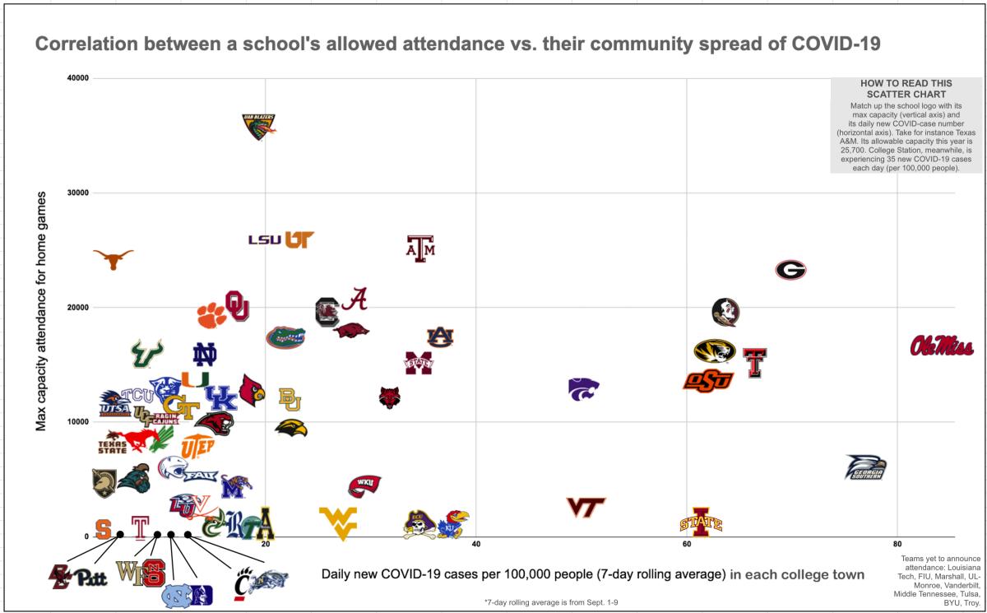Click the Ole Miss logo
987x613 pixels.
[x=942, y=346]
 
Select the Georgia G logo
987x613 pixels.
[x=790, y=270]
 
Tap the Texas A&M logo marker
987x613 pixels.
[x=420, y=248]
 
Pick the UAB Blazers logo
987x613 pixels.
[x=258, y=126]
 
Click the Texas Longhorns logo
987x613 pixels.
[x=113, y=258]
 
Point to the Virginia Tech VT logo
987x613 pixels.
[x=586, y=508]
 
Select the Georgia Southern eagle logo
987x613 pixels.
[x=866, y=468]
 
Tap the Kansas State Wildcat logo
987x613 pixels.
[x=583, y=388]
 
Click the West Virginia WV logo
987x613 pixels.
[x=338, y=522]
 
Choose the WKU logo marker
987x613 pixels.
[x=364, y=485]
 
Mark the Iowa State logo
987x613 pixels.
[x=701, y=522]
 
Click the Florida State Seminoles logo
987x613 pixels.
[x=725, y=312]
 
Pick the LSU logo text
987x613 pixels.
[x=265, y=240]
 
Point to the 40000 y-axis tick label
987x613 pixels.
[x=78, y=78]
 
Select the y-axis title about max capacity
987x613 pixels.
[x=40, y=311]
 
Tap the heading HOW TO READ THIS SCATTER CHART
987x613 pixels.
[x=906, y=89]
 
